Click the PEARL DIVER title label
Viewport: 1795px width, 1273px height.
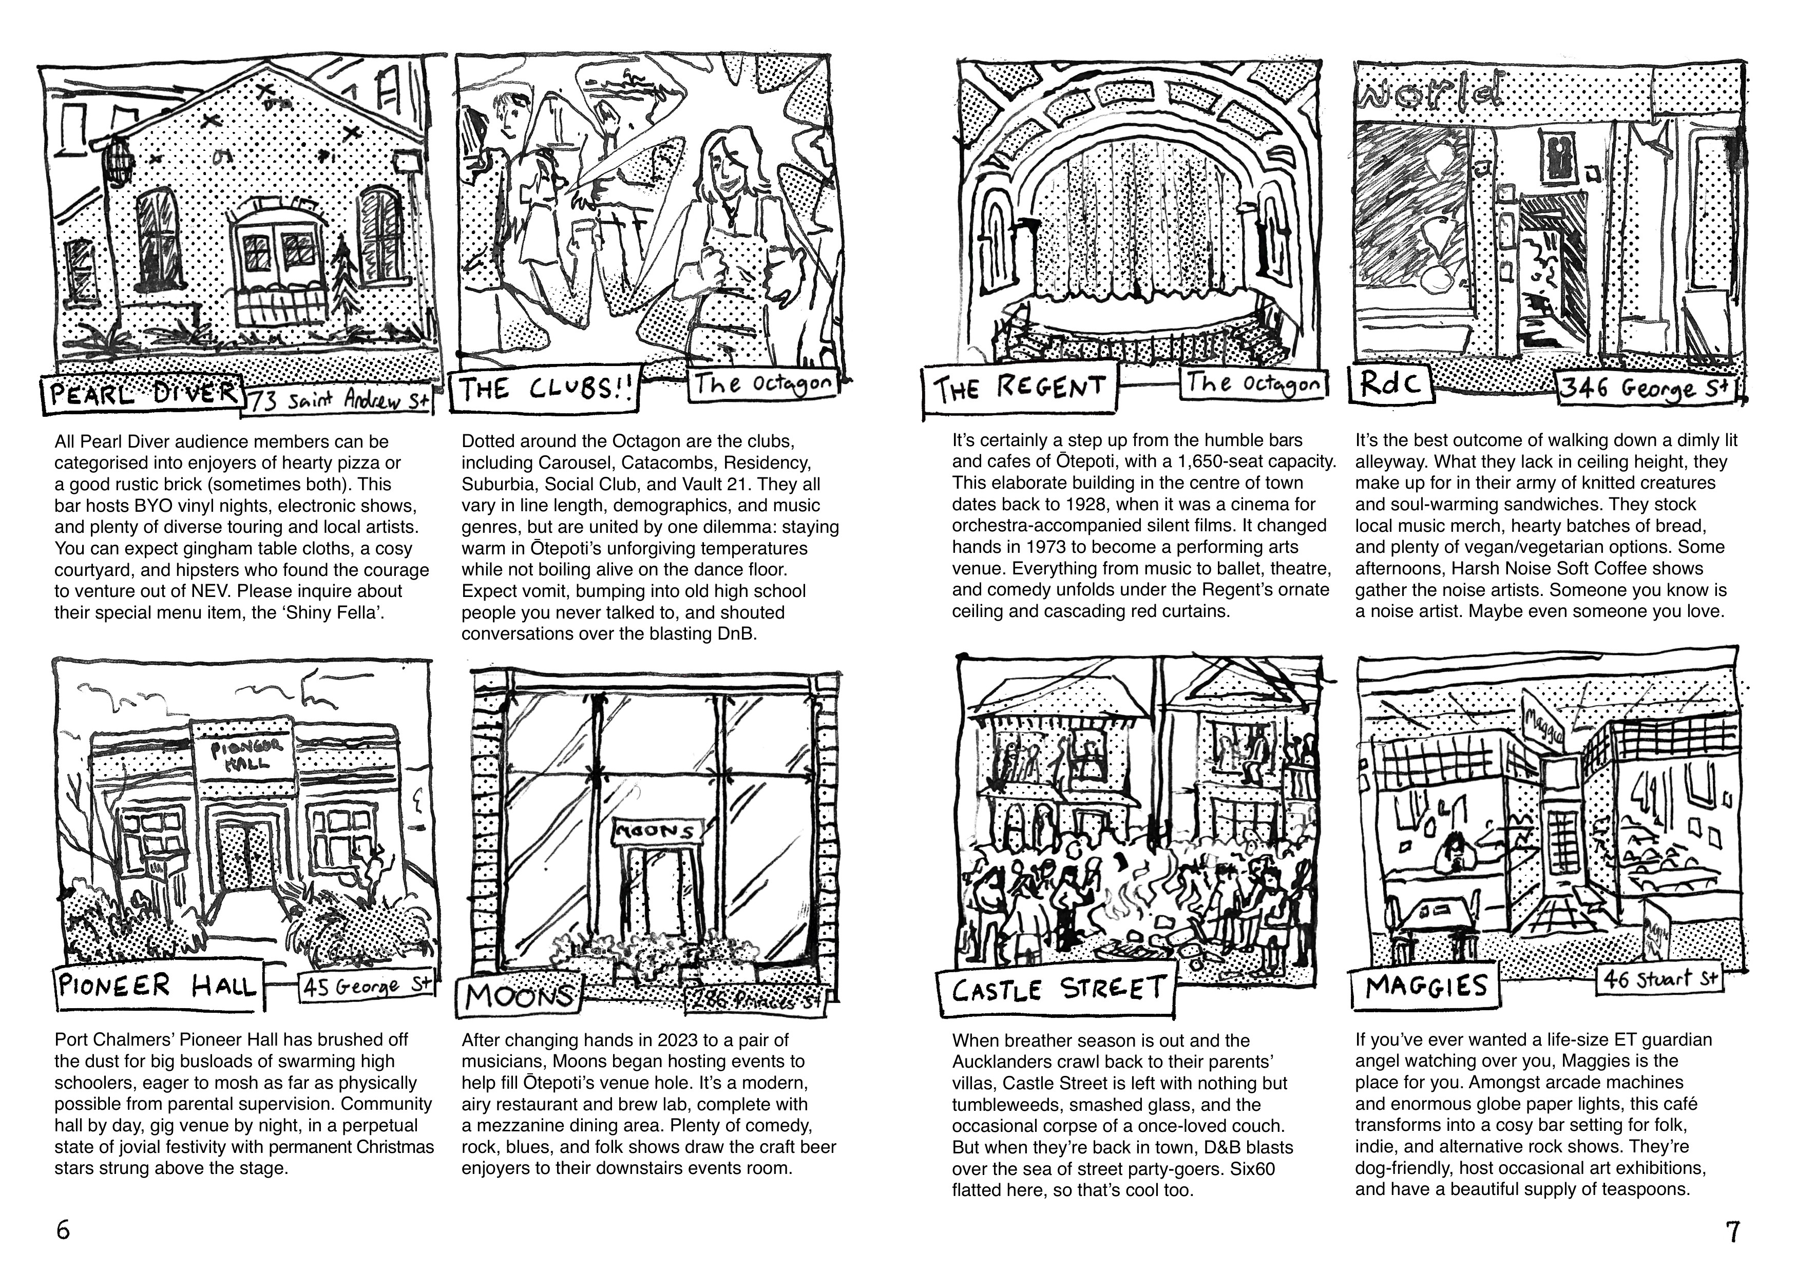point(141,392)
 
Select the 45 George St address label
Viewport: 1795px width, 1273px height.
point(367,986)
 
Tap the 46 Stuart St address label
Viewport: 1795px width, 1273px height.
point(1660,979)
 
